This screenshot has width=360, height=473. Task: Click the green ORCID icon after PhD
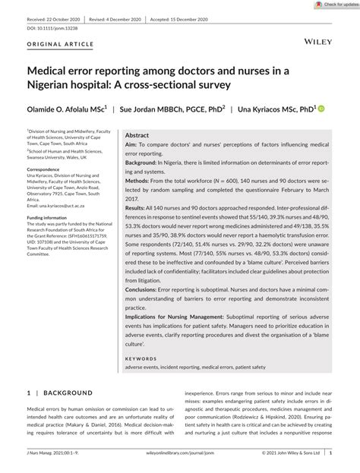pyautogui.click(x=321, y=109)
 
